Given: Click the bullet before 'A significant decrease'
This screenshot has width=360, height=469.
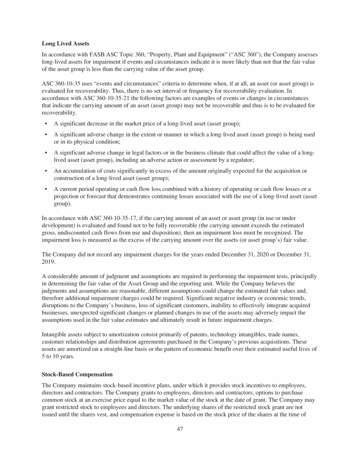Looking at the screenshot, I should (45, 124).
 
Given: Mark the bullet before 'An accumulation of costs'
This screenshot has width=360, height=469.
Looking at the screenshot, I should (45, 170).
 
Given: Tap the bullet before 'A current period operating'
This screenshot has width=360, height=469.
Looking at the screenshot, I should (45, 189).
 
